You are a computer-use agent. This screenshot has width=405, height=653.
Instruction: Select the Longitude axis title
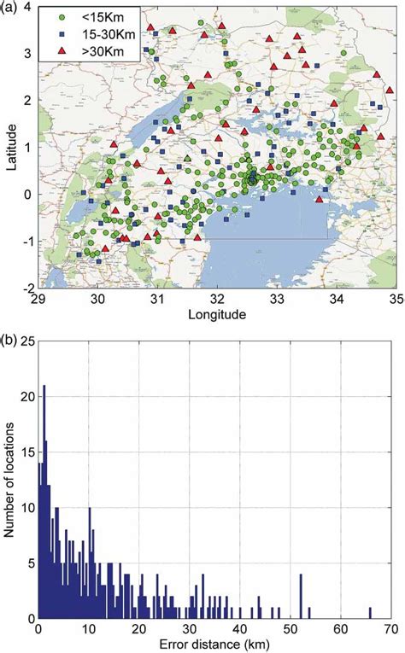[x=217, y=314]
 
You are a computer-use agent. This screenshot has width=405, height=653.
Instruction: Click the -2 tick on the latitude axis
[x=28, y=288]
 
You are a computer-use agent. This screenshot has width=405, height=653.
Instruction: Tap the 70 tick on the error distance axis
[x=394, y=629]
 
